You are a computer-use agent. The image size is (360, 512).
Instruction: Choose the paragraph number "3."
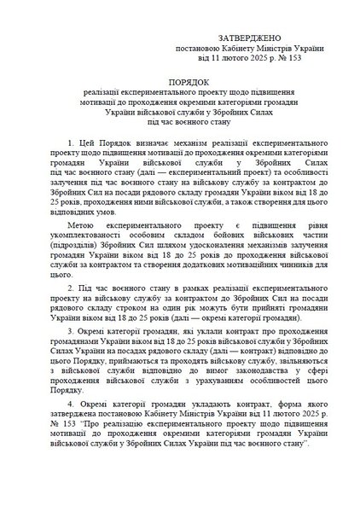coord(70,329)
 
